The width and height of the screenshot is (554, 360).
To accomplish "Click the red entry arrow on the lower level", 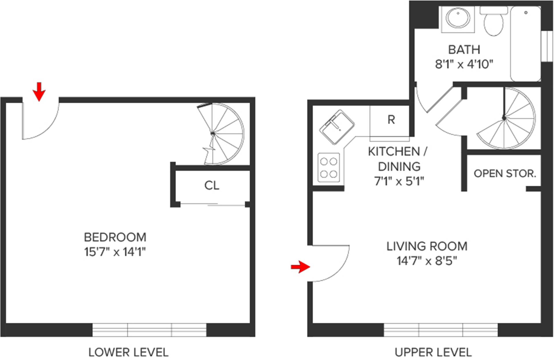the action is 39,91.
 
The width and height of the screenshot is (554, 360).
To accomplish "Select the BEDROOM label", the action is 115,237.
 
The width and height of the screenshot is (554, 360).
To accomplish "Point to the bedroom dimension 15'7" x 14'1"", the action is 115,252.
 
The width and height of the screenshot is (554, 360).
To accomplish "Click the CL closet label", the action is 212,185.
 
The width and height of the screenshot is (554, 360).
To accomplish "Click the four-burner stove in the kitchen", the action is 329,167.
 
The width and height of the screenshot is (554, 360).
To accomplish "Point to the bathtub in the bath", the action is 525,43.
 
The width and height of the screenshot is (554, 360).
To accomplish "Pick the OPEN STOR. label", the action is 505,173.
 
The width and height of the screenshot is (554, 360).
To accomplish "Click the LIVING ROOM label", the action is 427,246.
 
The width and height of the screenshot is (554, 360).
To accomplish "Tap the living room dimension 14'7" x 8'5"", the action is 427,261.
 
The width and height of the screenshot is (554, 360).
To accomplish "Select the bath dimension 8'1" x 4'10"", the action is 464,64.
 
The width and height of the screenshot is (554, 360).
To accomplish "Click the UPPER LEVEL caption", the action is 433,352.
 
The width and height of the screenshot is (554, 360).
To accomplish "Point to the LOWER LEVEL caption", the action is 128,352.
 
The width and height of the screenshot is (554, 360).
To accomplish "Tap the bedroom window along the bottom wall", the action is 149,330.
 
